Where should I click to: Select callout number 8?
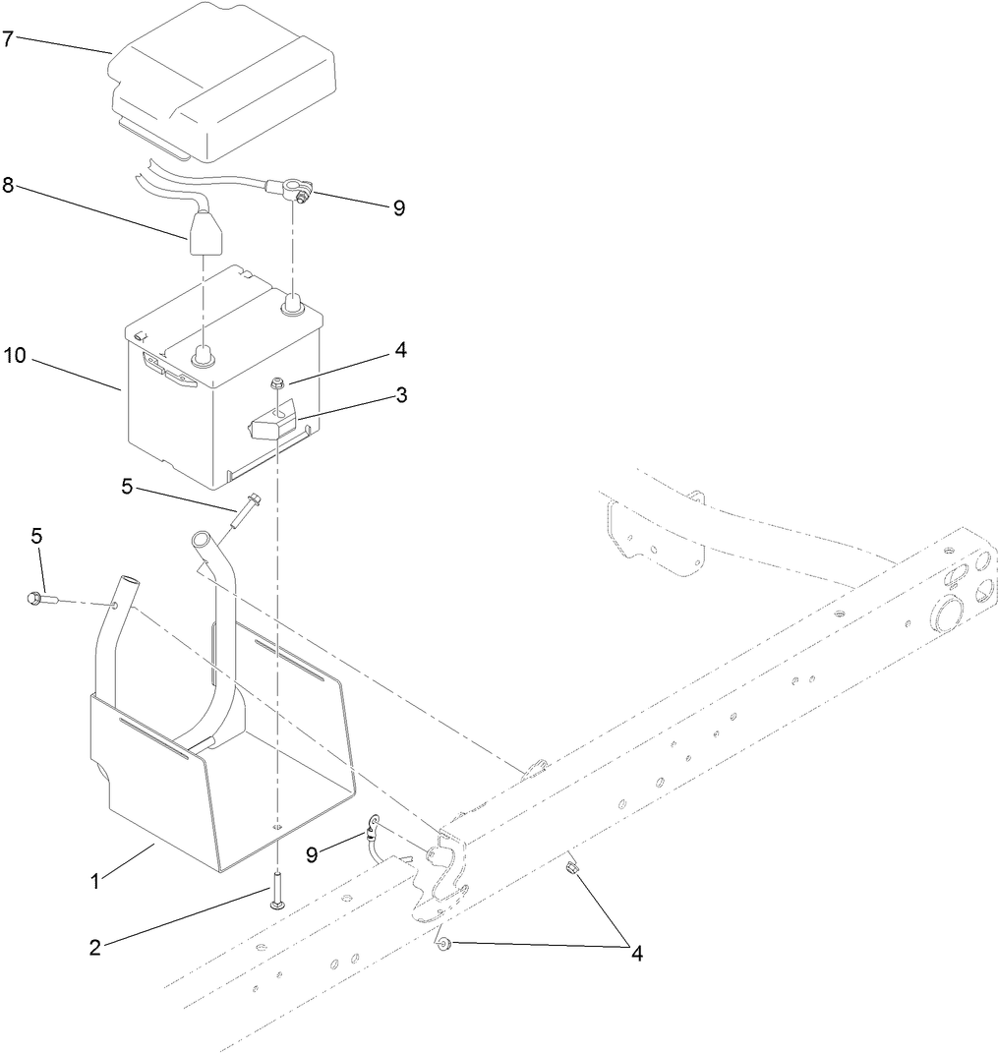(8, 184)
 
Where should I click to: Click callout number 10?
(14, 356)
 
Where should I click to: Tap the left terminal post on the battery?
(203, 356)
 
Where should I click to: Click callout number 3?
(401, 394)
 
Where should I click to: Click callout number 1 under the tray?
(95, 882)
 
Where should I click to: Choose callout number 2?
(94, 948)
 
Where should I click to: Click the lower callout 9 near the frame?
(312, 855)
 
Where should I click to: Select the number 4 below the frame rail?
(636, 954)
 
